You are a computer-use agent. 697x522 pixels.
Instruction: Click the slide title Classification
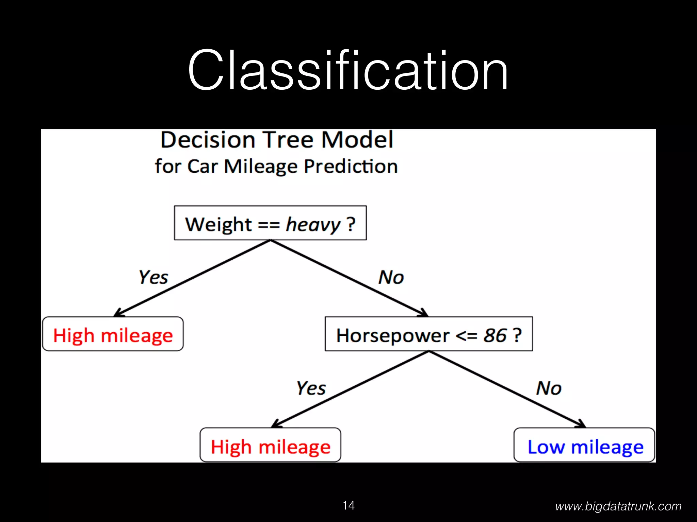pyautogui.click(x=348, y=70)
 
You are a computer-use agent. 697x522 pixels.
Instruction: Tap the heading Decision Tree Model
pyautogui.click(x=277, y=140)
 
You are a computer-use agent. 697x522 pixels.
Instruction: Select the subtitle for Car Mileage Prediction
pyautogui.click(x=276, y=166)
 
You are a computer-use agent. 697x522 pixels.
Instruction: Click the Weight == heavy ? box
pyautogui.click(x=270, y=223)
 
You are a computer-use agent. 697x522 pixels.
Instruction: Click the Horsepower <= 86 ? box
pyautogui.click(x=429, y=334)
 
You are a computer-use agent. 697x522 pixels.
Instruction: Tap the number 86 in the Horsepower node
pyautogui.click(x=495, y=335)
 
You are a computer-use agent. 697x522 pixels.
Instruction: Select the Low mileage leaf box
pyautogui.click(x=584, y=445)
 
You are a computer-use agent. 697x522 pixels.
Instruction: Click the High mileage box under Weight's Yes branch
pyautogui.click(x=113, y=334)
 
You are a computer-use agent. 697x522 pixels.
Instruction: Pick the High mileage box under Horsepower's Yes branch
pyautogui.click(x=270, y=445)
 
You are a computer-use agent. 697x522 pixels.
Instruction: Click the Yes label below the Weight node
pyautogui.click(x=153, y=277)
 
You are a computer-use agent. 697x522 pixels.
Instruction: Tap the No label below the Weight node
pyautogui.click(x=391, y=277)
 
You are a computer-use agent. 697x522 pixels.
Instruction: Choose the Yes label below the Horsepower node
pyautogui.click(x=311, y=388)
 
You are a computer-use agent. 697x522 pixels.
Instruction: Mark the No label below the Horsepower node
pyautogui.click(x=549, y=388)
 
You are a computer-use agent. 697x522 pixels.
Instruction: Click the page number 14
pyautogui.click(x=348, y=505)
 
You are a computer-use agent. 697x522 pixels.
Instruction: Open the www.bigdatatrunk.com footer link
pyautogui.click(x=618, y=506)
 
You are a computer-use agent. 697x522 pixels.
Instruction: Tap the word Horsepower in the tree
pyautogui.click(x=392, y=335)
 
